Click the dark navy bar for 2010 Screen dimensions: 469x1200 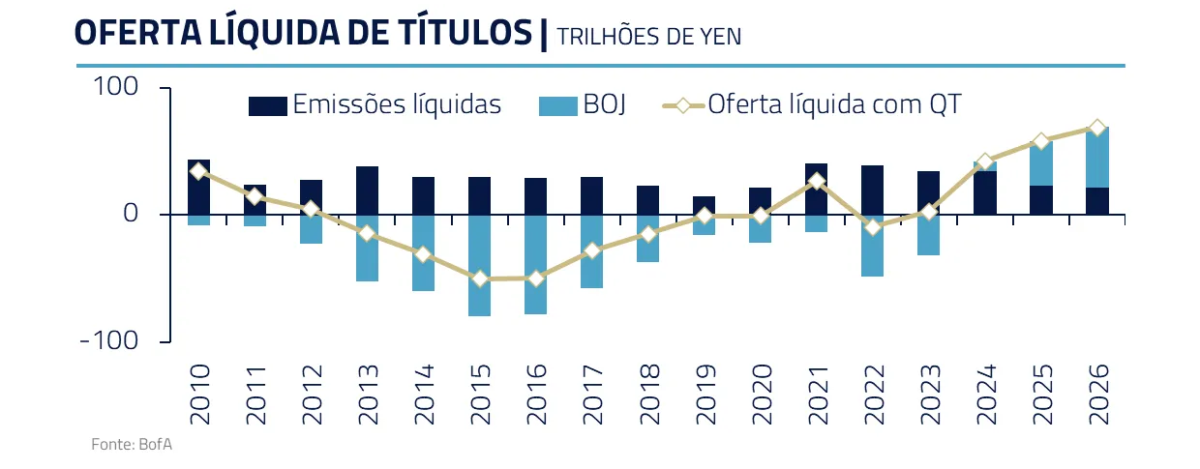point(198,187)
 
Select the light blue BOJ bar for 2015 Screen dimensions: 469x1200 point(479,265)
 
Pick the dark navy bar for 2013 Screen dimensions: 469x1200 point(367,190)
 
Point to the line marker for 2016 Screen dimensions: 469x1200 point(535,278)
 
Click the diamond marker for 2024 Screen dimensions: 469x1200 point(985,161)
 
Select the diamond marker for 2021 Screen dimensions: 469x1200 point(816,181)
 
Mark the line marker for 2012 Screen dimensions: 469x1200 point(311,209)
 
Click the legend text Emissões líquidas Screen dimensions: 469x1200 point(397,104)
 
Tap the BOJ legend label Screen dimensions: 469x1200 point(605,104)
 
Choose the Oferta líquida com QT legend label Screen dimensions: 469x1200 point(834,104)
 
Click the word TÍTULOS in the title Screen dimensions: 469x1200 point(461,32)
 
